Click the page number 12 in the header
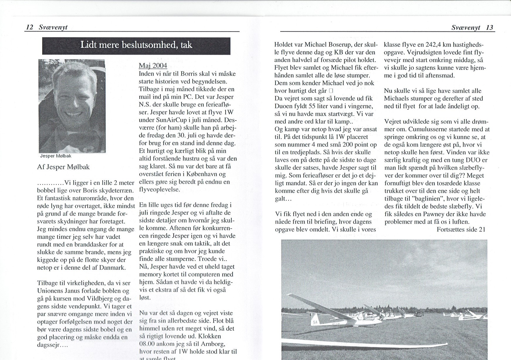click(30, 27)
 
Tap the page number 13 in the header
click(489, 28)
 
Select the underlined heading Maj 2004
click(153, 65)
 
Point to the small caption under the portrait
click(56, 156)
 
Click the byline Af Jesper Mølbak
click(63, 167)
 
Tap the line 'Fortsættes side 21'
click(461, 230)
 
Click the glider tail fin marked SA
click(315, 322)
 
